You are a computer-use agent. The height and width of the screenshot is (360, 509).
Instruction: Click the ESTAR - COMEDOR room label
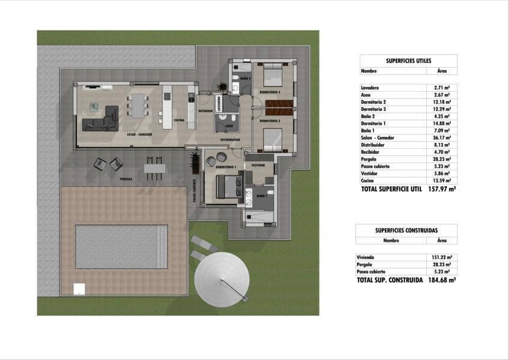pos(139,134)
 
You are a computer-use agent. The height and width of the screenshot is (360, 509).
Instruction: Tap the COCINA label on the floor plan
pos(179,120)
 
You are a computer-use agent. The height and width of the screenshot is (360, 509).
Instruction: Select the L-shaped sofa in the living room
pos(101,119)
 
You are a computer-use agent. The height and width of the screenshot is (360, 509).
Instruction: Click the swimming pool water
pos(121,247)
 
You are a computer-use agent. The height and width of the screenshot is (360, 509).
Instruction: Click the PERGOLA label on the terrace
pos(126,179)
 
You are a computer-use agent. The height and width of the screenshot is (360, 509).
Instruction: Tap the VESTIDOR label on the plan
pos(258,164)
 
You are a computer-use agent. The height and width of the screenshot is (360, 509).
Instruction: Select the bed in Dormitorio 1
pos(227,186)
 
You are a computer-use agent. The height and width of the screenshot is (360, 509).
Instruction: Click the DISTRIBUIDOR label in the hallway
pos(230,140)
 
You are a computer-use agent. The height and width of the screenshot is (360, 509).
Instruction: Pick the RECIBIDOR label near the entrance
pos(206,110)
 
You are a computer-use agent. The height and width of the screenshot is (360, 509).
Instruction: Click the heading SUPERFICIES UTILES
pos(408,61)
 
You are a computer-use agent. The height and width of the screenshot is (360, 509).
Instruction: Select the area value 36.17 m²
pos(442,137)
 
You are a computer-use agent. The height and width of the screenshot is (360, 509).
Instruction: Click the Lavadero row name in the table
pos(371,88)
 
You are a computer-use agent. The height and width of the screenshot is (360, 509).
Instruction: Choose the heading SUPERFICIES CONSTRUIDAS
pos(406,230)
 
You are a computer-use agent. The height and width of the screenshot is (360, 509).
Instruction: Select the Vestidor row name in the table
pos(369,173)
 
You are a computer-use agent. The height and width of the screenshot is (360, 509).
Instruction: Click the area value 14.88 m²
pos(442,123)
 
